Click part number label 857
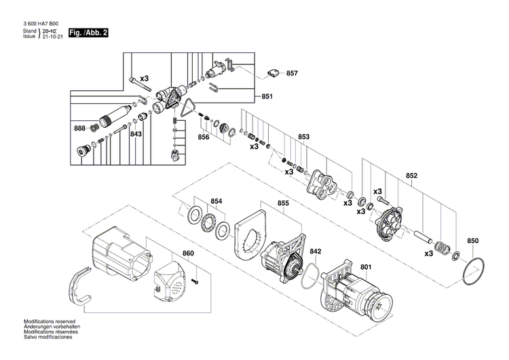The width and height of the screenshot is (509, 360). (x=292, y=73)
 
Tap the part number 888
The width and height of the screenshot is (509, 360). (x=80, y=128)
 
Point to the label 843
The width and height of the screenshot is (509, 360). (x=136, y=134)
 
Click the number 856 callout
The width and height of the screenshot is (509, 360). (x=204, y=137)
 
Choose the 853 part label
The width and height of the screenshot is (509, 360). (x=303, y=137)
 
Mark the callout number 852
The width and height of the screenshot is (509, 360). (x=411, y=175)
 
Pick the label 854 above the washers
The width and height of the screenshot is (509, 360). (x=216, y=201)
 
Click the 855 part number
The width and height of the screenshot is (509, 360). (x=283, y=203)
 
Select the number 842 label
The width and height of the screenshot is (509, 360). (x=316, y=251)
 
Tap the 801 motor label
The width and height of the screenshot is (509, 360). (x=366, y=266)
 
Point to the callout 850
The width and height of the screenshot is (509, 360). (x=473, y=241)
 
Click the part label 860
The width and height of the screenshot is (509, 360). (x=188, y=253)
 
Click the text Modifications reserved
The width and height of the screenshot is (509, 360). (x=50, y=321)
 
